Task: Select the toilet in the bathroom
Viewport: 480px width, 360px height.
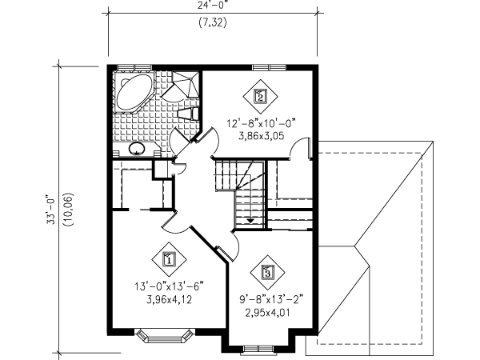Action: click(190, 112)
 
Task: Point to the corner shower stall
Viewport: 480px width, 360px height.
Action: click(183, 82)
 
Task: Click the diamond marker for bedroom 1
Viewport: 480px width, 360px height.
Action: click(169, 258)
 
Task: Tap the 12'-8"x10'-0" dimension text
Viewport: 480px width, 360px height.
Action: click(262, 123)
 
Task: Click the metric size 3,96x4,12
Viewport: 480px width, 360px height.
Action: click(169, 301)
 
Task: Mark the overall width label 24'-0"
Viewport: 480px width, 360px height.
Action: click(212, 5)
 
